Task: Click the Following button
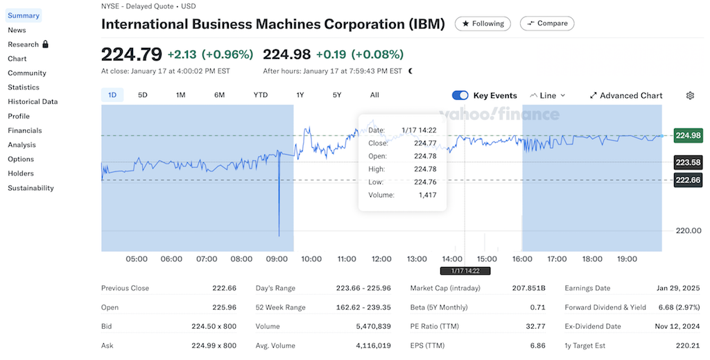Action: tap(483, 24)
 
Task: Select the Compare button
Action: tap(546, 24)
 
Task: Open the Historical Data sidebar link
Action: tap(33, 101)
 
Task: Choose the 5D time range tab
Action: tap(143, 95)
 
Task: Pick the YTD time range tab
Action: tap(261, 95)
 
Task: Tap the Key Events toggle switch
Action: tap(460, 96)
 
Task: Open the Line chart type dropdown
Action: tap(548, 96)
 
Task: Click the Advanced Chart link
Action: tap(626, 96)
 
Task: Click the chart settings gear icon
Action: tap(690, 96)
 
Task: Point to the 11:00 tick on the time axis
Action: tap(347, 259)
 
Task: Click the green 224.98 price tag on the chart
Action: tap(688, 135)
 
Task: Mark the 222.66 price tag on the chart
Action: tap(688, 180)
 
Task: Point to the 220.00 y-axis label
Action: tap(689, 230)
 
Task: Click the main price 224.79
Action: tap(131, 54)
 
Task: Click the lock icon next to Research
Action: tap(46, 44)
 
